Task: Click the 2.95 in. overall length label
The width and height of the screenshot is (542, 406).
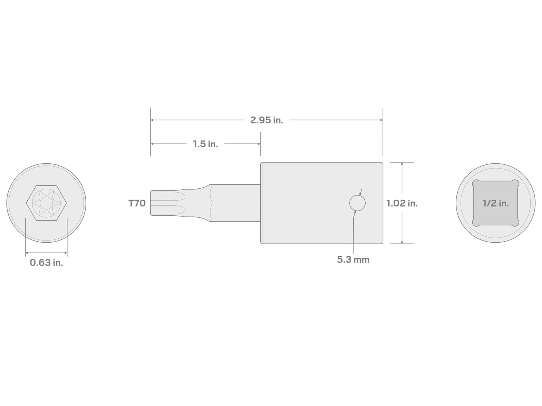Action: (266, 120)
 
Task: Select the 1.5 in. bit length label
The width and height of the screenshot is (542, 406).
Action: (205, 144)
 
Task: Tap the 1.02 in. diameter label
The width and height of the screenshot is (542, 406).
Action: (402, 203)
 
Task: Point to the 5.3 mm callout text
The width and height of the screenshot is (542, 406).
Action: (353, 260)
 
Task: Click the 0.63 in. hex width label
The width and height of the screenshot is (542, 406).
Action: (46, 263)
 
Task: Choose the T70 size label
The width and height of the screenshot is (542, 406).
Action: (137, 203)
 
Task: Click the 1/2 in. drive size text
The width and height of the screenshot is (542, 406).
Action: (495, 203)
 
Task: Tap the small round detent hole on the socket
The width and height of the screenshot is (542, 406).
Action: (357, 203)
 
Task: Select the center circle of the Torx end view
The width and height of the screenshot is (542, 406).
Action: (46, 203)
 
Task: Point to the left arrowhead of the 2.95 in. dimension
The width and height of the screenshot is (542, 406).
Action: (152, 120)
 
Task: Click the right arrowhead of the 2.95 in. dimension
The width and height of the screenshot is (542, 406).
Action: (381, 120)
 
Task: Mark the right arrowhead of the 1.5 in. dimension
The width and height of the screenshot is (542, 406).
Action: (258, 144)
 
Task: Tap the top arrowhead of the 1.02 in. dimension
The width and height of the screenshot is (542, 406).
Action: (402, 164)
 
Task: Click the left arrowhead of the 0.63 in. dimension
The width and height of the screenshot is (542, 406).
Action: (27, 253)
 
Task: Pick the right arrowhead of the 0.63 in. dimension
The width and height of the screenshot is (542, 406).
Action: (65, 253)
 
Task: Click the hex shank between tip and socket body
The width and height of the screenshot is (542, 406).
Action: (235, 203)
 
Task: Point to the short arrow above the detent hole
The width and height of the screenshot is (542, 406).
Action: (361, 192)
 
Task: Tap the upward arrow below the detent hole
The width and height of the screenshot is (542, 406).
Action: (355, 213)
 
